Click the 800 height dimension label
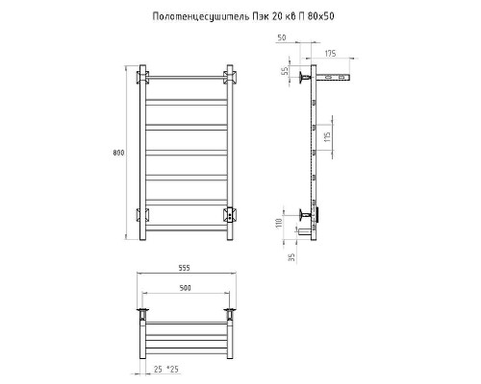point(118,153)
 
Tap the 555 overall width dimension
point(184,268)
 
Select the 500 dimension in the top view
point(185,288)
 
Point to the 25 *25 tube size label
point(166,370)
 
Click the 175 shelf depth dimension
point(330,54)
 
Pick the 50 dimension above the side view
point(281,37)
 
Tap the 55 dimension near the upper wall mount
point(285,71)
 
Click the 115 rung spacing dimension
point(327,137)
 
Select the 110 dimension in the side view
point(279,223)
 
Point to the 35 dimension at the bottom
point(291,257)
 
